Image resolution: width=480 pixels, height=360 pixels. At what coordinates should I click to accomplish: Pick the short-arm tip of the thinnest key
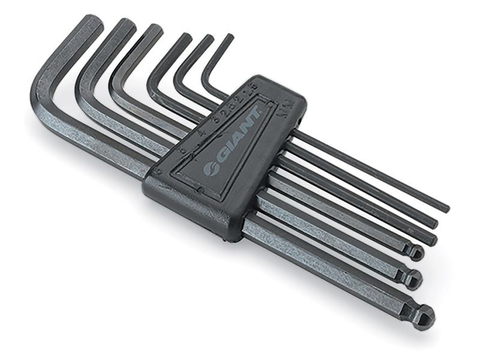tap(228, 37)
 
